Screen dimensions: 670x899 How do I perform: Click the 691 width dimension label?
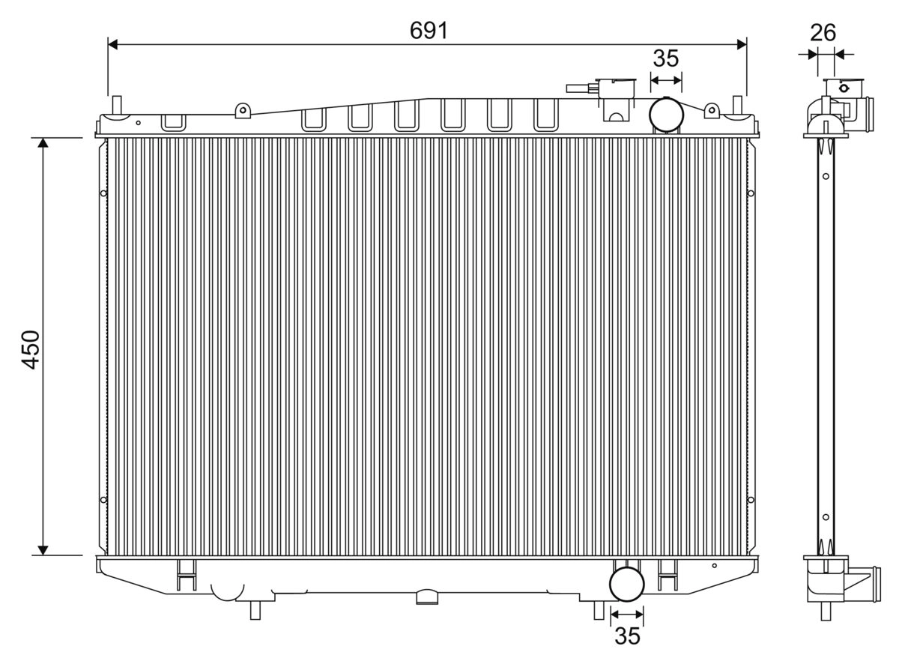coord(429,31)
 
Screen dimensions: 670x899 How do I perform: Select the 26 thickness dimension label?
coord(823,32)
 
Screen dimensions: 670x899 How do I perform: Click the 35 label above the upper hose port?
coord(665,58)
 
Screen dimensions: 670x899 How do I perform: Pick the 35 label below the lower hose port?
coord(628,636)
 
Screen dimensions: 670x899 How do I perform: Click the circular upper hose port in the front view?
coord(666,114)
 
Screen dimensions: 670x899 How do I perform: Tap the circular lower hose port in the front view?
coord(627,585)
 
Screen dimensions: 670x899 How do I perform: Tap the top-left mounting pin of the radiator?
coord(115,105)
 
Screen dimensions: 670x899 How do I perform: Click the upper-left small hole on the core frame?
coord(103,194)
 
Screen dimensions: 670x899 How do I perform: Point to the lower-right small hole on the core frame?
coord(751,500)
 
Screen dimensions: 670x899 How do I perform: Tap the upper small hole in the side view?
coord(825,177)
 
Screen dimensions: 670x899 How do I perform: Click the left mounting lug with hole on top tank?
coord(241,111)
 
